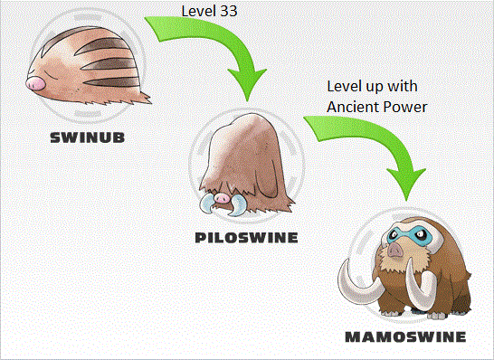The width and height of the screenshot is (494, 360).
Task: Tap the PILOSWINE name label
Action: (246, 238)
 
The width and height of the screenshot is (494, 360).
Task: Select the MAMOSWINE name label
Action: (405, 337)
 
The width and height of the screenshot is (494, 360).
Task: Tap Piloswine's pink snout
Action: (221, 196)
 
